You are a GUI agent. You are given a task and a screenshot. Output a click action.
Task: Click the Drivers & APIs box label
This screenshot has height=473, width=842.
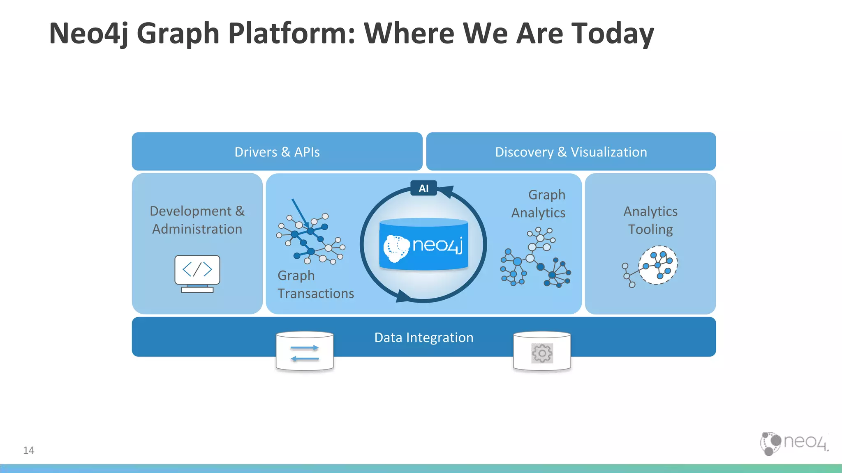pos(277,152)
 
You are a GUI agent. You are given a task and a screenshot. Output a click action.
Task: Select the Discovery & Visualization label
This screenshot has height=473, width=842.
pos(571,152)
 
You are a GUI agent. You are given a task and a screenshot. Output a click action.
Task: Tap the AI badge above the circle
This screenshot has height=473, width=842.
pos(423,188)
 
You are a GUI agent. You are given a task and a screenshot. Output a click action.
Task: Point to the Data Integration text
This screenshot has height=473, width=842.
pos(423,338)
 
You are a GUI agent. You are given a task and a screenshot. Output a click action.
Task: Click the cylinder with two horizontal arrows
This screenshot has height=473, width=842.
pos(305,352)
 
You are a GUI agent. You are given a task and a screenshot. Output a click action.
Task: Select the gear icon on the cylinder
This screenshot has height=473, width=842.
pos(542,353)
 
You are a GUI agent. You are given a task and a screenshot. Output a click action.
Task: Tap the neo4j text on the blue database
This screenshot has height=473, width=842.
pos(437,245)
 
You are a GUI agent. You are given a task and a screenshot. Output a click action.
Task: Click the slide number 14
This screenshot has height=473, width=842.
pos(29,450)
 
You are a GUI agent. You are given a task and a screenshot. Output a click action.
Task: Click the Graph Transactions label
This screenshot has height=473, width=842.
pos(315,285)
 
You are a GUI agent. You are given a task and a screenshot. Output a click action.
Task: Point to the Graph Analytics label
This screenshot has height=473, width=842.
pos(539,204)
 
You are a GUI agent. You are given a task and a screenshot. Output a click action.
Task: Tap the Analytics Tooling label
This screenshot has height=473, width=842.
pos(650,220)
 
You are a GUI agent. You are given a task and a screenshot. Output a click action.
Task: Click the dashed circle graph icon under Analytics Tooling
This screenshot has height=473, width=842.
pos(658,265)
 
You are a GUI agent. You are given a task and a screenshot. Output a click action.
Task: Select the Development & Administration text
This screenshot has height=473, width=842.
pos(197,220)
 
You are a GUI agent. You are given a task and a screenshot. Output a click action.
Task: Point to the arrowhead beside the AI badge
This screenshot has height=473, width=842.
pos(446,191)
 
